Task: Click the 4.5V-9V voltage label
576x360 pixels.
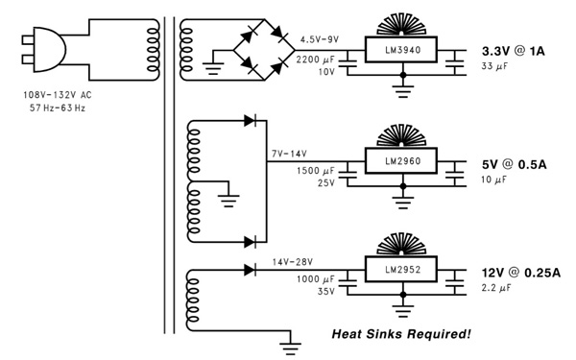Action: pyautogui.click(x=321, y=40)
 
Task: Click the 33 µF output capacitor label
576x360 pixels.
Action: pyautogui.click(x=492, y=66)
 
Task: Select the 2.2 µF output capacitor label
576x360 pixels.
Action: pyautogui.click(x=495, y=287)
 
